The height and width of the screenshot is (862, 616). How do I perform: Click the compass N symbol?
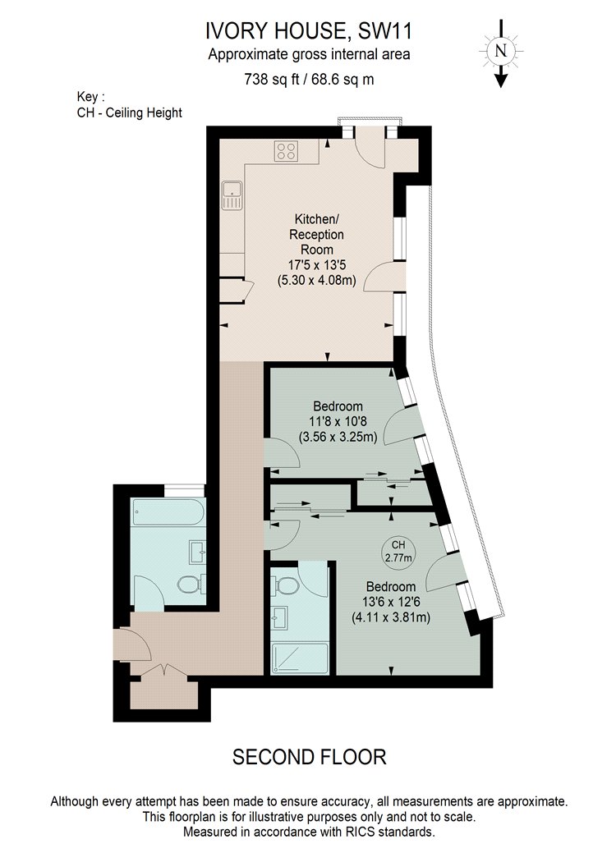pos(500,51)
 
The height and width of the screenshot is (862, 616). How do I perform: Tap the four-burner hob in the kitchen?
pos(287,150)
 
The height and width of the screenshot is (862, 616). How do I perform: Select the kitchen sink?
pos(232,195)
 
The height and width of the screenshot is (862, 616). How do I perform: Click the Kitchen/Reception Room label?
pos(317,234)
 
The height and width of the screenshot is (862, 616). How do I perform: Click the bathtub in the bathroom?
pos(168,511)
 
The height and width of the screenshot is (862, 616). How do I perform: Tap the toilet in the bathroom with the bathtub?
pos(191,584)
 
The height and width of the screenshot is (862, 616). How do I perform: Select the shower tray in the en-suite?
pos(300,658)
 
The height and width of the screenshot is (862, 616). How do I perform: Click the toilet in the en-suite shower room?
pos(285,585)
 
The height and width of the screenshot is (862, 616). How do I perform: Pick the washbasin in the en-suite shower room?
pos(279,617)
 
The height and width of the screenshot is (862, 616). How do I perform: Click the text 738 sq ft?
pos(272,80)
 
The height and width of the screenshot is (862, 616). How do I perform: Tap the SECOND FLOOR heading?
pos(309,757)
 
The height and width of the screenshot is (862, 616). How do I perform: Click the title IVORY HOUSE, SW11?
pos(309,31)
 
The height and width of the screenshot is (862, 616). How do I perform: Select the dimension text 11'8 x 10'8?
pos(338,422)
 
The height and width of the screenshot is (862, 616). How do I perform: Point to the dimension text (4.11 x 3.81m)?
pos(391,617)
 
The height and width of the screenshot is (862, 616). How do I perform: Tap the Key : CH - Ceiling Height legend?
pos(129,105)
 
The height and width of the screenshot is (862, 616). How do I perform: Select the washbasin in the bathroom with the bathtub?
pos(197,552)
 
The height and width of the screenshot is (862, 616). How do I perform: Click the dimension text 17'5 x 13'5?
pos(316,264)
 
